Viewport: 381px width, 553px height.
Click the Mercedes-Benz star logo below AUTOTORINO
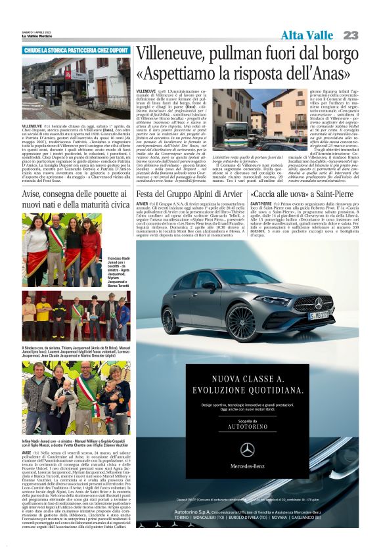click(x=247, y=449)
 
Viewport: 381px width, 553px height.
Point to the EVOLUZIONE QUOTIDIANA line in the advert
click(x=247, y=388)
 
